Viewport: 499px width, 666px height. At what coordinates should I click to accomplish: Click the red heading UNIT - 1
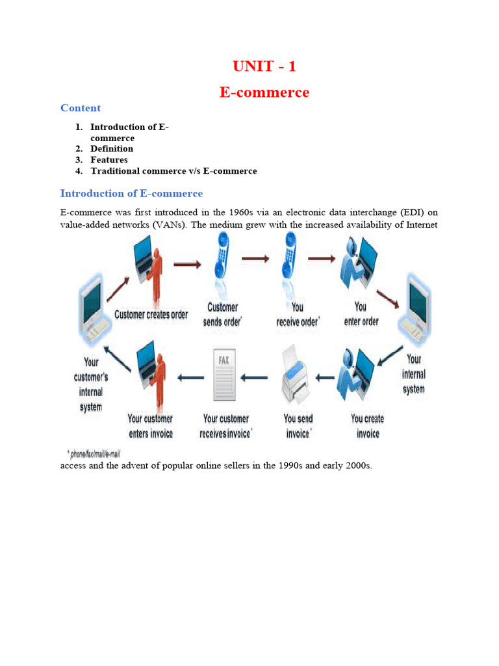(264, 66)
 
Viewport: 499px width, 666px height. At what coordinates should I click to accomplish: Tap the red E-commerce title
(264, 92)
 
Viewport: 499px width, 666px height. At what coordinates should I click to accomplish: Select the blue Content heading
(81, 108)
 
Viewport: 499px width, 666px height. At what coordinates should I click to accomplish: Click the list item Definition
(112, 149)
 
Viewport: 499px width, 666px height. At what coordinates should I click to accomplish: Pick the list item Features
(109, 160)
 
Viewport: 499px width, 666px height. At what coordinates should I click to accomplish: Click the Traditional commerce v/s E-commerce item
(173, 171)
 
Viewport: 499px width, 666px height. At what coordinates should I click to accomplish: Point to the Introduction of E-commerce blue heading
(131, 193)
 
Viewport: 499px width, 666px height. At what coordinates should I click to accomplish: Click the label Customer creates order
(151, 315)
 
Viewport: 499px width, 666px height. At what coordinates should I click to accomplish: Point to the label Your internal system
(414, 374)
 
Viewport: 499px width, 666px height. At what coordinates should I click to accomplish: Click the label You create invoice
(368, 426)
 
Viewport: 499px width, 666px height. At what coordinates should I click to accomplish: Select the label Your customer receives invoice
(227, 426)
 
